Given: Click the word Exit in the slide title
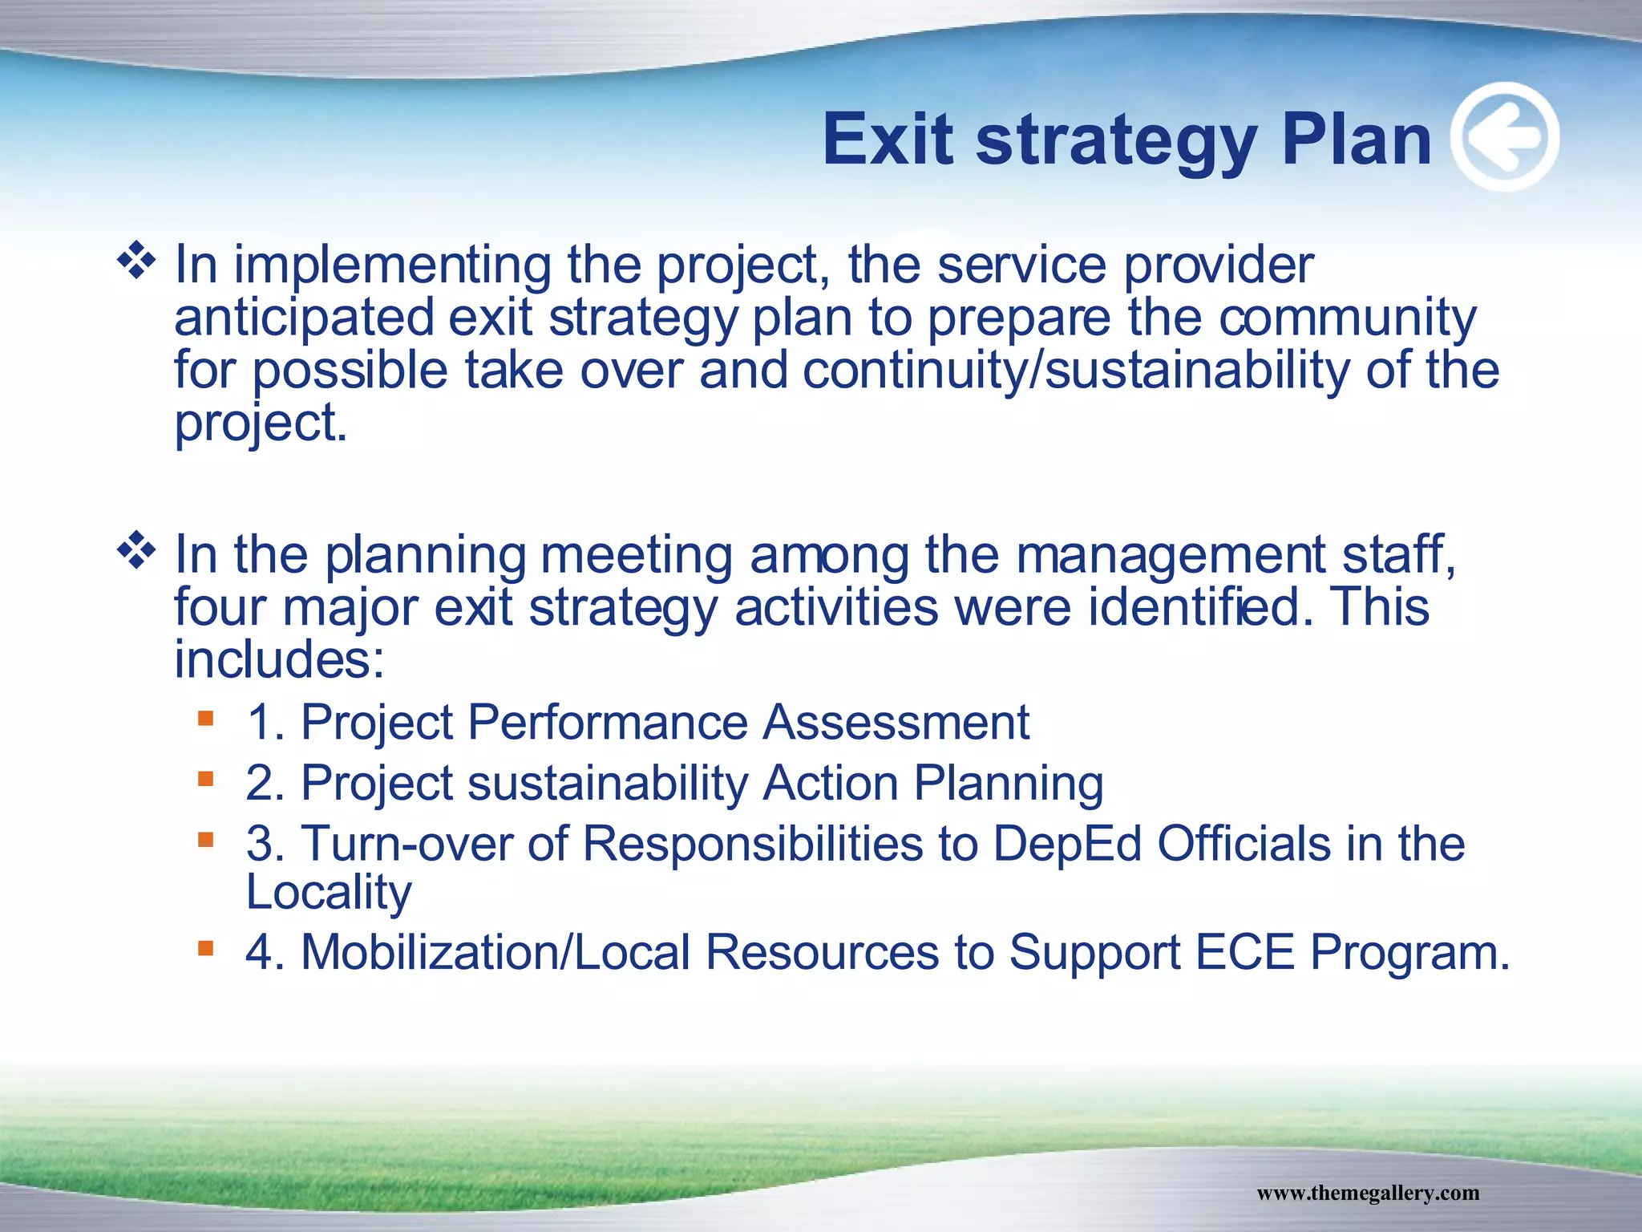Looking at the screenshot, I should tap(888, 140).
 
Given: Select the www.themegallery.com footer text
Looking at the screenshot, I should tap(1368, 1193).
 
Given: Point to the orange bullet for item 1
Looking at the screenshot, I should tap(206, 718).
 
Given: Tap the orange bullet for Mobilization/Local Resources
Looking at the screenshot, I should tap(206, 949).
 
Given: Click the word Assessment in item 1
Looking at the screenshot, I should tap(896, 722).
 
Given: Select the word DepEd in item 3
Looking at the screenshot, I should tap(1066, 844).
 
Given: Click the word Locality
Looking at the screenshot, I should tap(329, 892).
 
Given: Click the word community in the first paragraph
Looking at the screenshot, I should tap(1347, 318).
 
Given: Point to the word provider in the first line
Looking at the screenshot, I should tap(1218, 265).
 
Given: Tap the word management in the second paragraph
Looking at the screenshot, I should tap(1171, 555).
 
